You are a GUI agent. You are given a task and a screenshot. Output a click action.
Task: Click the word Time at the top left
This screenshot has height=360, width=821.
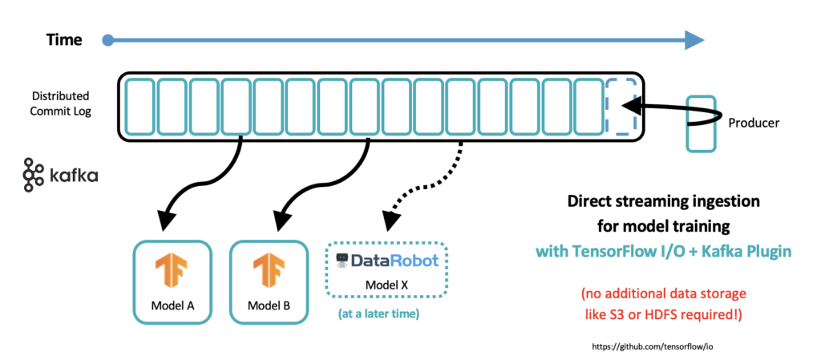[x=65, y=38]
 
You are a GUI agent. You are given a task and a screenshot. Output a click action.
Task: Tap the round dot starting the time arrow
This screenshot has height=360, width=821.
[x=108, y=38]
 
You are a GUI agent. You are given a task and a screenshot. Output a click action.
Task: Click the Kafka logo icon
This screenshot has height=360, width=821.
[x=34, y=175]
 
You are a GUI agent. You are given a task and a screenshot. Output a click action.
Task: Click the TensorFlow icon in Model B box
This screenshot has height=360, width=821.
[x=268, y=271]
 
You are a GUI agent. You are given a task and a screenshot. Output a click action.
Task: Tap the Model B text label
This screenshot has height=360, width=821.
[x=268, y=305]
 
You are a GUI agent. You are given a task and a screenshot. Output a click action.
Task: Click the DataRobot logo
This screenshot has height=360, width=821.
[x=387, y=261]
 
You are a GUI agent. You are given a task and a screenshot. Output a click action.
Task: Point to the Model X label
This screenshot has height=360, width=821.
[x=387, y=285]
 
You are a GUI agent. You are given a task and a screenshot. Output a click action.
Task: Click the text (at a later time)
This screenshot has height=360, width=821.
[x=379, y=313]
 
